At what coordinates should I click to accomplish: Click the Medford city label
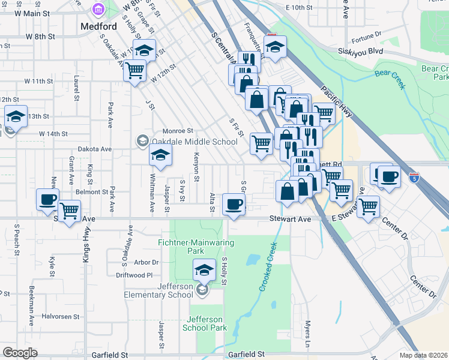click(98, 27)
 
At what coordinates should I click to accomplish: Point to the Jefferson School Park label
click(205, 323)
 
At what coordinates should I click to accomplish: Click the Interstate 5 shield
click(414, 177)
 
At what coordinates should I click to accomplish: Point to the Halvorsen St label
click(61, 316)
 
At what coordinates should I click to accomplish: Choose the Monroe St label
click(178, 131)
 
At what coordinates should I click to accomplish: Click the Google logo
click(20, 353)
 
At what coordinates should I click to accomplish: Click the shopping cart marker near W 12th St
click(135, 70)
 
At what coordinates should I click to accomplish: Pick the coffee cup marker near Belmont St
click(47, 199)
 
